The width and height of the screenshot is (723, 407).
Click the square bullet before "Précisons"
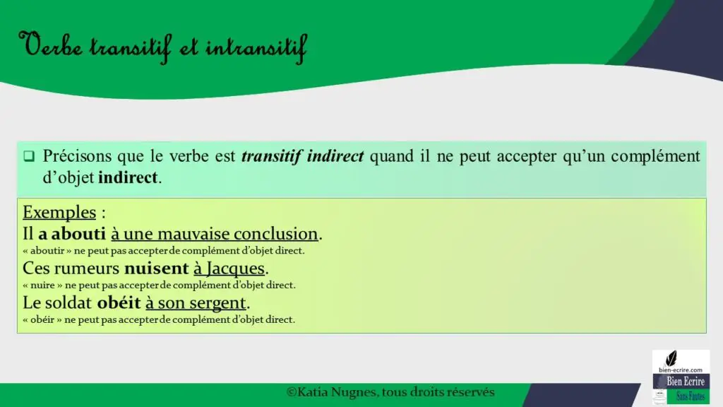(x=29, y=156)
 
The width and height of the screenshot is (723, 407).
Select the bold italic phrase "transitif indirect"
(x=302, y=156)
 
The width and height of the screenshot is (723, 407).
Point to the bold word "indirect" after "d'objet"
(x=128, y=177)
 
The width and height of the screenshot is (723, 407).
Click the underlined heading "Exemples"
(x=59, y=212)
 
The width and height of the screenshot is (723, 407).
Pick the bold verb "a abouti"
(x=72, y=233)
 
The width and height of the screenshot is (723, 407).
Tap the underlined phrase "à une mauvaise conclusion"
(x=215, y=233)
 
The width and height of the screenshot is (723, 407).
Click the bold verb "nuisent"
(x=157, y=268)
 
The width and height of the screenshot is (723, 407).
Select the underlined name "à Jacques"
(x=229, y=268)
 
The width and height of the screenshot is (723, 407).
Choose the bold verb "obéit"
(x=119, y=302)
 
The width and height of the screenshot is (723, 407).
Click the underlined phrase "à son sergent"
(x=196, y=303)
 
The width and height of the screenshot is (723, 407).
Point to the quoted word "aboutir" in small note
(x=47, y=251)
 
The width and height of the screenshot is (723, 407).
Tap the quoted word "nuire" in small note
(x=42, y=285)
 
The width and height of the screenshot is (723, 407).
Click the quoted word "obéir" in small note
(x=42, y=319)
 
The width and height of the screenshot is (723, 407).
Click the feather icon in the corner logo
(x=671, y=358)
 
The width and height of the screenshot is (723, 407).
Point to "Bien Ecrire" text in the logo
(x=686, y=382)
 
